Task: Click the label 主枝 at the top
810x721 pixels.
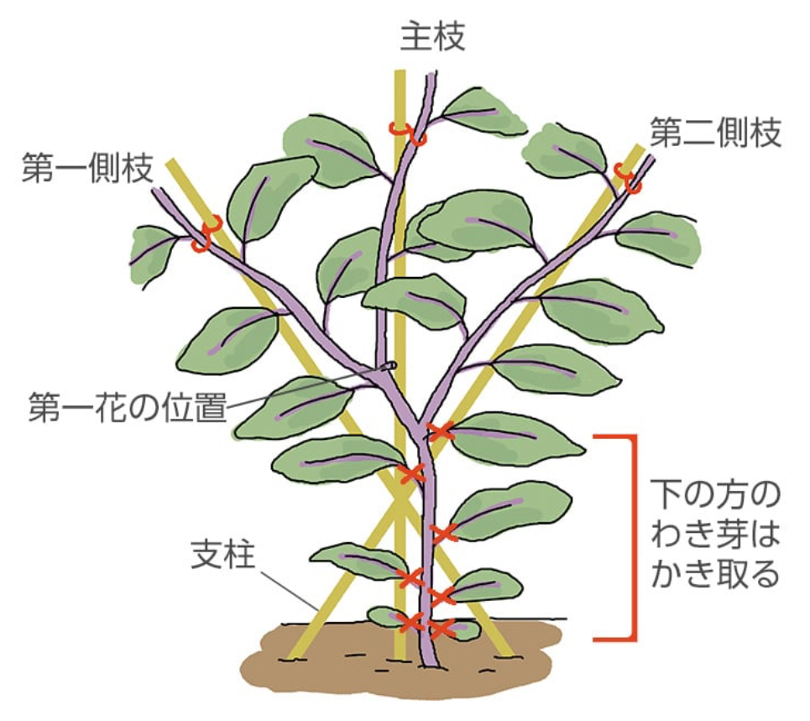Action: coord(431,37)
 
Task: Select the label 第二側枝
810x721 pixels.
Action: coord(716,134)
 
